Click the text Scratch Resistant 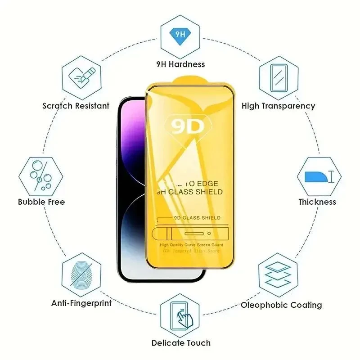click(x=76, y=106)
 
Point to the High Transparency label click(x=278, y=106)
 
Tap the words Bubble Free click(x=41, y=202)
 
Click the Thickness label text click(x=317, y=202)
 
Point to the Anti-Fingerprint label click(x=81, y=303)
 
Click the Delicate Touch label click(x=180, y=343)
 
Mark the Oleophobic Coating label click(x=281, y=305)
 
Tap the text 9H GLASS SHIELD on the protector click(x=189, y=192)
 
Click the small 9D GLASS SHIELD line click(x=192, y=218)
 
